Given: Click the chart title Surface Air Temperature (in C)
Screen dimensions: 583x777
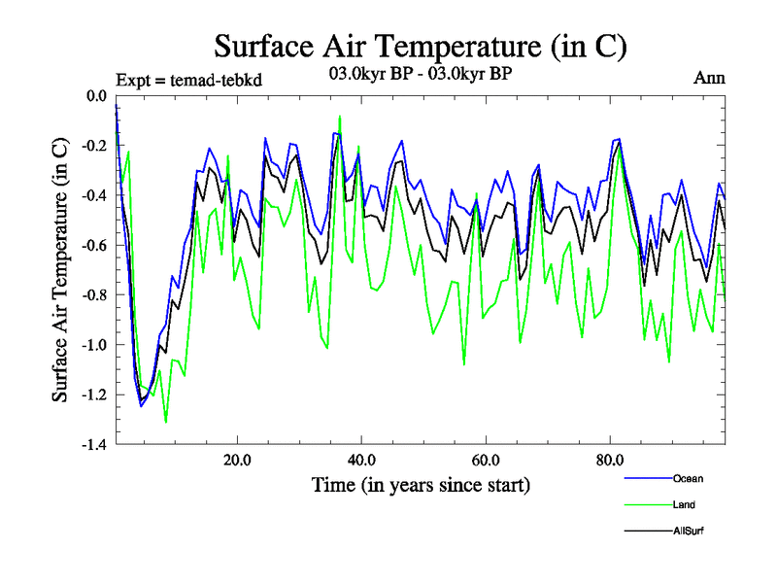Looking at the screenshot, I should click(420, 46).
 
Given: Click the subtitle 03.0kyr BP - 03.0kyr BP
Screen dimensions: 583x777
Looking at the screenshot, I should click(420, 74).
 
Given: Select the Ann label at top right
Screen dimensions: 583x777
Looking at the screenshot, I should click(709, 79).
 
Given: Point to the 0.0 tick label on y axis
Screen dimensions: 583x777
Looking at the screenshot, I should click(96, 95).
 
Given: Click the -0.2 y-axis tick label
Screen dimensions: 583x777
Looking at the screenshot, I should click(93, 146).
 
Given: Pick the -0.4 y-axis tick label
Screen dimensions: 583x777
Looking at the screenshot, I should click(93, 195).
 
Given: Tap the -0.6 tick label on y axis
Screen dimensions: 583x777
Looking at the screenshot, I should click(93, 245).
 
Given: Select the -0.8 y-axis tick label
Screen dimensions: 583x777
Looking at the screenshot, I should click(93, 295).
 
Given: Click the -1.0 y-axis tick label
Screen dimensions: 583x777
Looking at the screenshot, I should click(93, 345).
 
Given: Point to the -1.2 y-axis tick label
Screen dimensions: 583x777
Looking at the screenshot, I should click(93, 394).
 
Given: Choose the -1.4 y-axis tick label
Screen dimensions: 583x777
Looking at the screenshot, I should click(93, 445).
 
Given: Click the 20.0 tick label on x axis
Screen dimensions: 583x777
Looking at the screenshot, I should click(238, 461).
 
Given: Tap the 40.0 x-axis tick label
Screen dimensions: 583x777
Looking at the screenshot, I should click(361, 461).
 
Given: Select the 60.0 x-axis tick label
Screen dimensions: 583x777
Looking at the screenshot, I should click(485, 461).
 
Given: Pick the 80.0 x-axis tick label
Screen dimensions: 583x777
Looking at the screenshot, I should click(608, 461).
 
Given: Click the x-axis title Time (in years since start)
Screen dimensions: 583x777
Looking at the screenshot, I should click(420, 485).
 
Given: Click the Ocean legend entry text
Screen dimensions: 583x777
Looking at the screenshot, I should click(687, 478).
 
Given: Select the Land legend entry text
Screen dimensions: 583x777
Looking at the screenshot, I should click(684, 504).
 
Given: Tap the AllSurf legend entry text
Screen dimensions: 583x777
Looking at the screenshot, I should click(687, 531).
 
